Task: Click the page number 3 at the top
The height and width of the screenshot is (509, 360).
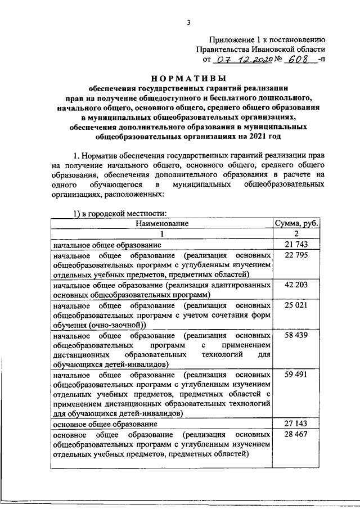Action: click(189, 22)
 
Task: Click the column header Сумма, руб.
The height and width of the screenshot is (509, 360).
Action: click(296, 223)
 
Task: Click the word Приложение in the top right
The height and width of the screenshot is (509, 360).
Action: click(231, 39)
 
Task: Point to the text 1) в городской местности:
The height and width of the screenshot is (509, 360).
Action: click(119, 213)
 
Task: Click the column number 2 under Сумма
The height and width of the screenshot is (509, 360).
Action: click(296, 234)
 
